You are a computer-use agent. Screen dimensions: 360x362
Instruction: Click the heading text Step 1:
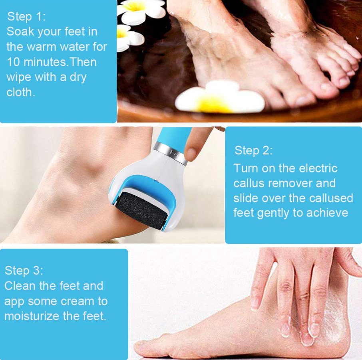click(x=26, y=17)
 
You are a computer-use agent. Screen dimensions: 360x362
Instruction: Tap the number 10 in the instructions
click(x=13, y=62)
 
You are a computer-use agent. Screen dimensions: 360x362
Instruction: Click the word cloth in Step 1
click(x=19, y=92)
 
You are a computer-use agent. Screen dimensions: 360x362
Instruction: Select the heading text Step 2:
click(x=253, y=150)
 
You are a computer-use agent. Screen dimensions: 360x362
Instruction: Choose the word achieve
click(x=327, y=213)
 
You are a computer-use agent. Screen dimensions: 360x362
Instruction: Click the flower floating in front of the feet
click(x=219, y=98)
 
